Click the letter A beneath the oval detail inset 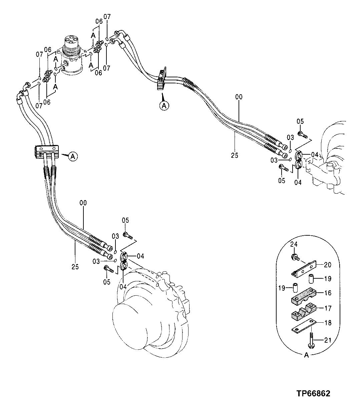tap(306, 355)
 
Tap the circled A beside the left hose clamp tap(74, 156)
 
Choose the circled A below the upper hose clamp tap(163, 105)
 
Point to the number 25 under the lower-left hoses tap(75, 267)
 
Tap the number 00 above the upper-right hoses tap(239, 97)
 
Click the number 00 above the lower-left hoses tap(83, 202)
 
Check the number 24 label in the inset tap(293, 244)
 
